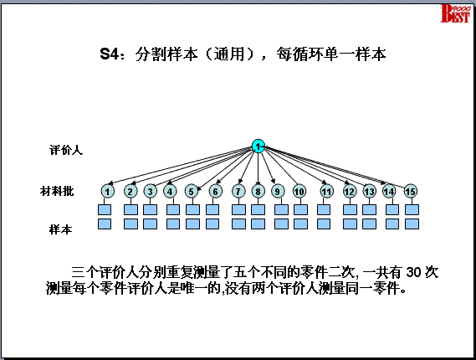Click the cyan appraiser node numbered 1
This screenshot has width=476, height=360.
pyautogui.click(x=258, y=147)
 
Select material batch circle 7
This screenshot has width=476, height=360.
pyautogui.click(x=238, y=192)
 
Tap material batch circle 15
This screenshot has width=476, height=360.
pyautogui.click(x=410, y=192)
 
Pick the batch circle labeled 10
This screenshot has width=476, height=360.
pyautogui.click(x=299, y=192)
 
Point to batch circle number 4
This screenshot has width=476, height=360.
pyautogui.click(x=170, y=192)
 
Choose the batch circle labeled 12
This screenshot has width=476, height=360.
pyautogui.click(x=350, y=192)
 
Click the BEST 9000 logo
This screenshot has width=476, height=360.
pyautogui.click(x=455, y=13)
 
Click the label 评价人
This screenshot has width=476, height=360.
pyautogui.click(x=66, y=150)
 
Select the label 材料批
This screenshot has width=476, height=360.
pyautogui.click(x=57, y=192)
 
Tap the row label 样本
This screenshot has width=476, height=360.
pyautogui.click(x=61, y=229)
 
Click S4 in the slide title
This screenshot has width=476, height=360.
pyautogui.click(x=109, y=54)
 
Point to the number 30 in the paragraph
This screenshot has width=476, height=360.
pyautogui.click(x=413, y=272)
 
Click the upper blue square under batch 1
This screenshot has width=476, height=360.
pyautogui.click(x=105, y=209)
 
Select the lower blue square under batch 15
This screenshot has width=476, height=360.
pyautogui.click(x=412, y=224)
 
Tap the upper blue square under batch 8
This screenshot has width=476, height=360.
pyautogui.click(x=258, y=209)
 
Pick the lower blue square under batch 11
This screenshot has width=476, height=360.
pyautogui.click(x=324, y=224)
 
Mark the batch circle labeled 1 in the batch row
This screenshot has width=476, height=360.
pyautogui.click(x=107, y=192)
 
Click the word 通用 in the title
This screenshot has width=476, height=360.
pyautogui.click(x=229, y=54)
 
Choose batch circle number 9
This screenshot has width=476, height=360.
pyautogui.click(x=277, y=192)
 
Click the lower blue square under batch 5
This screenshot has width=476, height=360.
pyautogui.click(x=192, y=224)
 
